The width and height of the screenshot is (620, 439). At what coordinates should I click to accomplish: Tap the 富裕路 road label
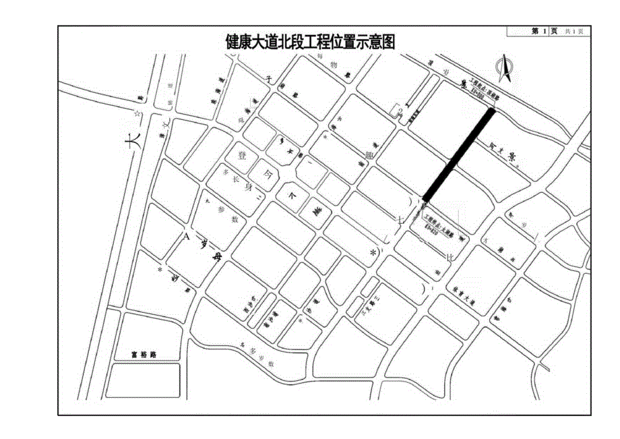144,353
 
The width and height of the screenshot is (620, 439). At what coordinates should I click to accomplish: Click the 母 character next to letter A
216,257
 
